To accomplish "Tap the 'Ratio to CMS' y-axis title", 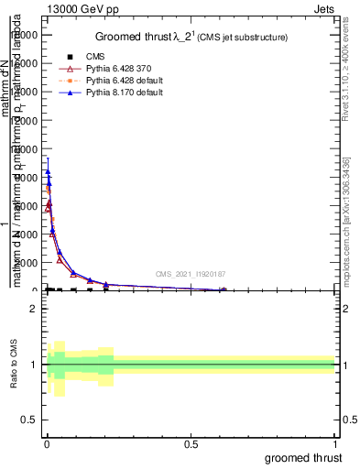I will pyautogui.click(x=14, y=365).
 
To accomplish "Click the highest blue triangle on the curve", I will pyautogui.click(x=48, y=171).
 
